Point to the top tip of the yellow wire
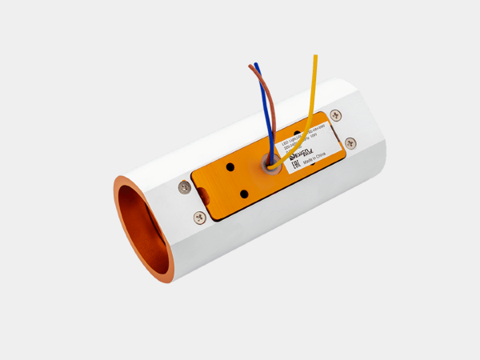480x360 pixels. click(315, 56)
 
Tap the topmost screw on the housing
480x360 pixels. click(335, 115)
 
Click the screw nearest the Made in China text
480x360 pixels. click(350, 143)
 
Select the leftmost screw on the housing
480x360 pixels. click(185, 186)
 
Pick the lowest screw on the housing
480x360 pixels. click(199, 217)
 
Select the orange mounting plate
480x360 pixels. click(240, 180)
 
